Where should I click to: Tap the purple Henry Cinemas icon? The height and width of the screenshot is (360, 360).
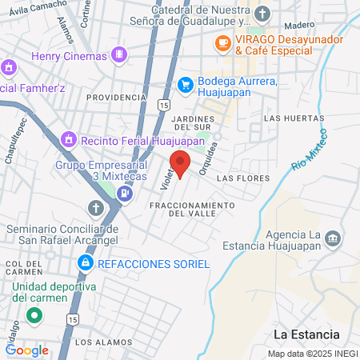(119, 55)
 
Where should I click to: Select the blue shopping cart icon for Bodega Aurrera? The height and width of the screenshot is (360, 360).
(186, 82)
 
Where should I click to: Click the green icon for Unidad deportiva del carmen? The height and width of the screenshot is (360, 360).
(34, 314)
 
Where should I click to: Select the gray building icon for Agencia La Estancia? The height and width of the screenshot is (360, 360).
(333, 238)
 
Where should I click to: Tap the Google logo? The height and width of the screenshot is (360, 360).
(27, 350)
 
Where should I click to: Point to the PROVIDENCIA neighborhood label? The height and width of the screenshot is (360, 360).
(116, 97)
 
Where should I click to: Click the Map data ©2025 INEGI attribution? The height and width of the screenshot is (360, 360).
(313, 354)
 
